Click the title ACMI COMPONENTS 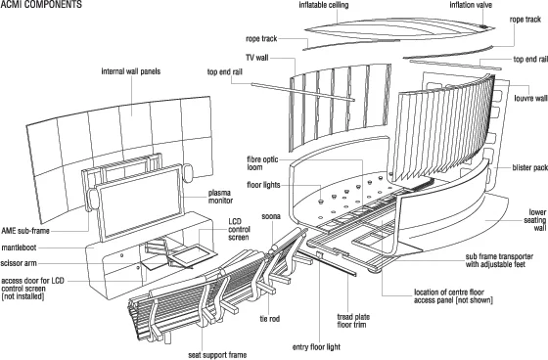41,4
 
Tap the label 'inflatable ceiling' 324,5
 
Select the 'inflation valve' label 471,5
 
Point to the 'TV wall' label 256,58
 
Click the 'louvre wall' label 530,98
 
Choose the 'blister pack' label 529,167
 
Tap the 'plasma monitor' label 220,197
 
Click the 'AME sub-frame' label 25,231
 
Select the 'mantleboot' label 19,247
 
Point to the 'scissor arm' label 19,263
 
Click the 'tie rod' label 269,319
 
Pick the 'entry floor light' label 316,347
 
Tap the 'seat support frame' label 217,355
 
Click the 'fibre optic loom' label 262,163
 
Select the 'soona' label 271,216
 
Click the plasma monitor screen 140,203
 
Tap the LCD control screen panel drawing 194,254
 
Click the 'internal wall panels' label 131,71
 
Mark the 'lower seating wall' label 534,220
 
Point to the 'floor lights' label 263,185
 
